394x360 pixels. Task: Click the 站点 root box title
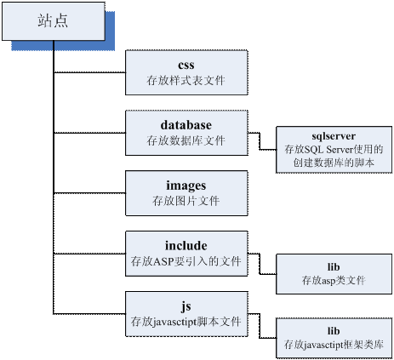[53, 21]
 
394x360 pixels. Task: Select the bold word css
[186, 65]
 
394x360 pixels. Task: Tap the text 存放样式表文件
[186, 81]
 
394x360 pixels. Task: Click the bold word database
[186, 125]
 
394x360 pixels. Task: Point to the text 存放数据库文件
[186, 140]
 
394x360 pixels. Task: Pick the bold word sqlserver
[334, 136]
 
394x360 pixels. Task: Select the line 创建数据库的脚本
[334, 163]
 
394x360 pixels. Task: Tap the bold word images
[186, 186]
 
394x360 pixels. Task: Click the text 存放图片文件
[186, 201]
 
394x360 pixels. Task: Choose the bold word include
[186, 246]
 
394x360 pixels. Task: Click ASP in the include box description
[163, 261]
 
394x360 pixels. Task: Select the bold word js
[186, 306]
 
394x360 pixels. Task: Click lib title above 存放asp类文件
[334, 267]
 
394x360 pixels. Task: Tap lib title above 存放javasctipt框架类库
[334, 331]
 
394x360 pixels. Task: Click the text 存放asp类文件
[334, 280]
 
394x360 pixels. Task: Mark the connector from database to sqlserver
[260, 141]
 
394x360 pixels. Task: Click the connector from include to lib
[260, 264]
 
